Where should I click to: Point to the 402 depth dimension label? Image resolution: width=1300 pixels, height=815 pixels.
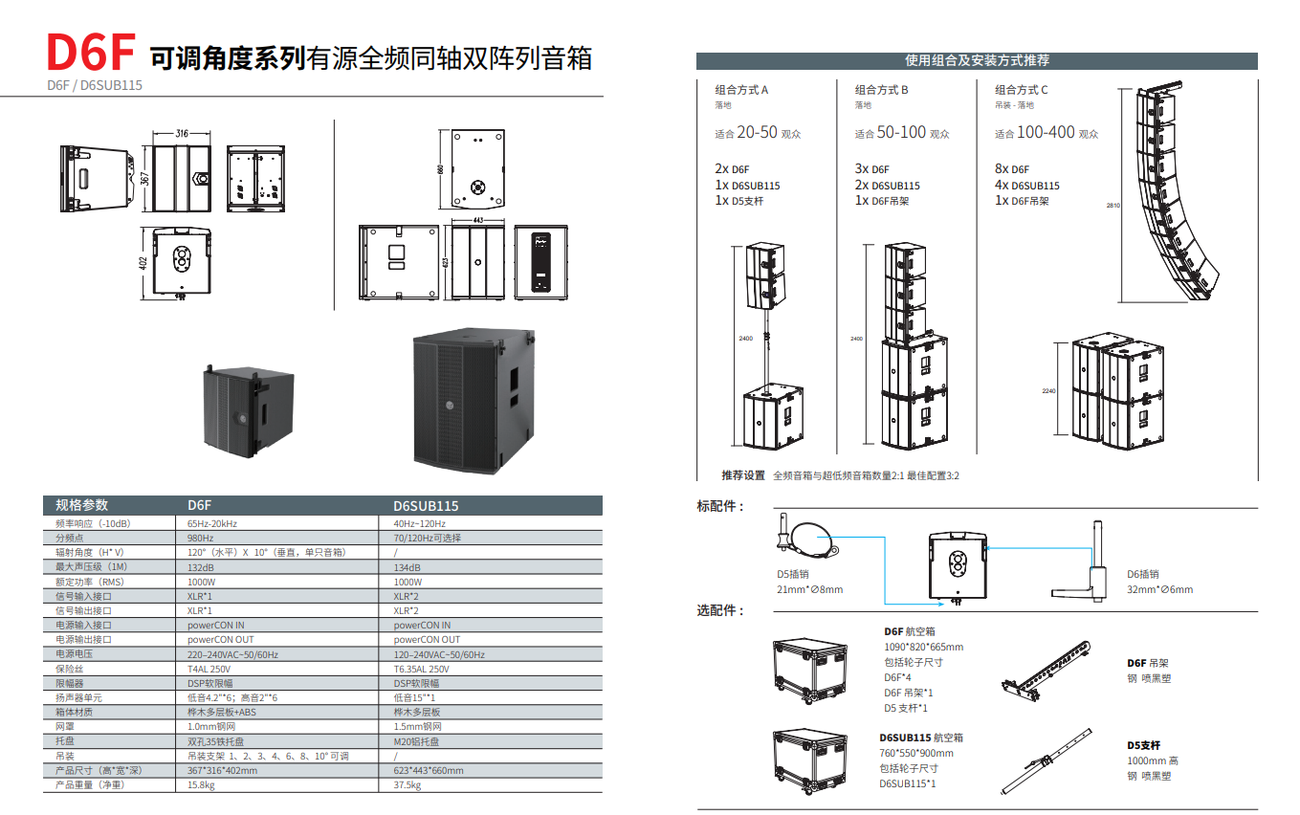tap(143, 263)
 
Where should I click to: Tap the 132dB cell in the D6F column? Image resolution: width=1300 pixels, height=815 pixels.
tap(201, 567)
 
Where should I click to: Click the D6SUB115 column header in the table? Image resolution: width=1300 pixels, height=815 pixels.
tap(426, 505)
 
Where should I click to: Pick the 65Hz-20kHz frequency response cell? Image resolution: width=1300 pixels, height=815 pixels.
tap(212, 523)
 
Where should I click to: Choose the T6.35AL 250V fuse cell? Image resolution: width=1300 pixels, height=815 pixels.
tap(421, 669)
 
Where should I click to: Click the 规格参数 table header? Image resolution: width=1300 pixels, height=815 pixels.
tap(82, 505)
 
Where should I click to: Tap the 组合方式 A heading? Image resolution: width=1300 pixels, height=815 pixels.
tap(741, 90)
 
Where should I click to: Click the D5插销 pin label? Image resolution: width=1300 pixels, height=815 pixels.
tap(792, 575)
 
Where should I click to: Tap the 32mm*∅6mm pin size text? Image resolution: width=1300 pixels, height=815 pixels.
tap(1159, 589)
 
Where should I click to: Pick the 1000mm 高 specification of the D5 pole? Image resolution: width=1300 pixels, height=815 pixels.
tap(1153, 760)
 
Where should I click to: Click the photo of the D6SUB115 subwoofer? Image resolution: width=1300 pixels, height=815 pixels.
tap(472, 397)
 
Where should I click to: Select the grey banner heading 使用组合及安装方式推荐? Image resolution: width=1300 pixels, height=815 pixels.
tap(977, 60)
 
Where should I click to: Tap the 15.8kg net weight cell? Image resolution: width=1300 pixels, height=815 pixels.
tap(200, 784)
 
